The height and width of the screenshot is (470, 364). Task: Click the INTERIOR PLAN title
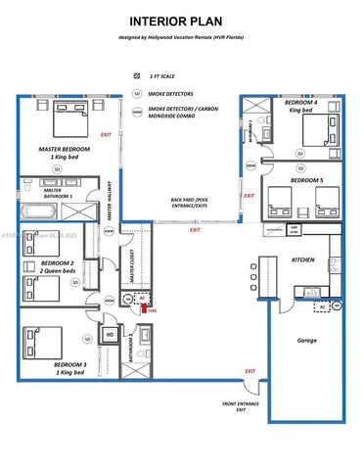[181, 20]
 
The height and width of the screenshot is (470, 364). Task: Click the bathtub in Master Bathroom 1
[30, 209]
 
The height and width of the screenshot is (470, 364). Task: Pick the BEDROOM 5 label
[305, 180]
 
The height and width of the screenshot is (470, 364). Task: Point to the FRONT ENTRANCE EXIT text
[241, 406]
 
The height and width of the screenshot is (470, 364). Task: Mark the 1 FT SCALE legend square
[137, 76]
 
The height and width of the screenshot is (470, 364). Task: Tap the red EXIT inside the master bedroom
[106, 135]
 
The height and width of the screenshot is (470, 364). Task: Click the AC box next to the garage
[322, 306]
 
